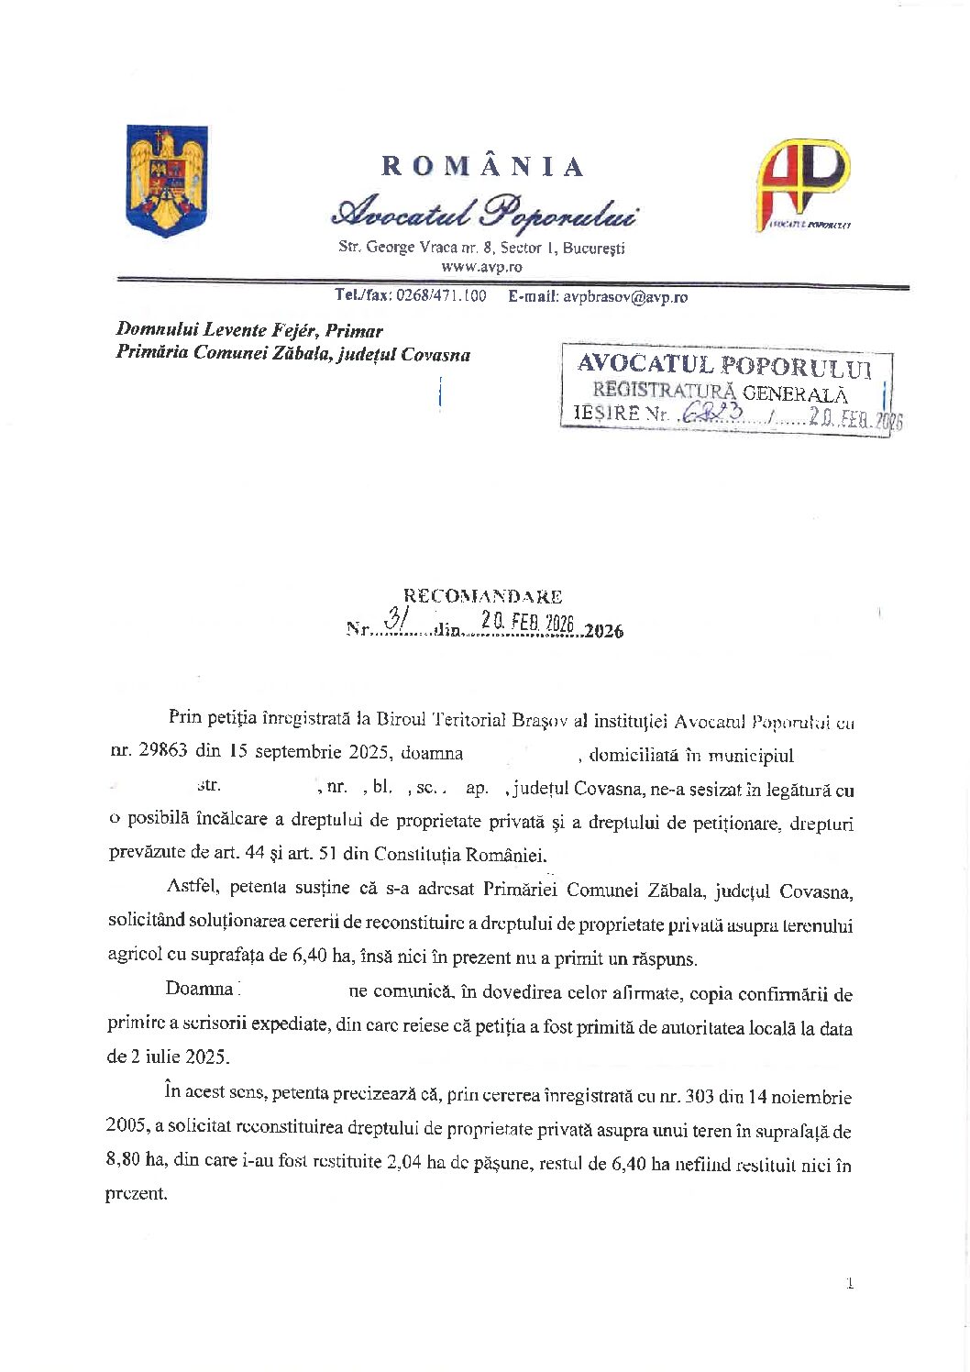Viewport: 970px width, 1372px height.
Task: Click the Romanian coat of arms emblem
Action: click(x=167, y=181)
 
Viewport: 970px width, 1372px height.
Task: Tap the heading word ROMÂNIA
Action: click(x=482, y=166)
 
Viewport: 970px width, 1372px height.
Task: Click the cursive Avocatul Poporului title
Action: click(x=484, y=212)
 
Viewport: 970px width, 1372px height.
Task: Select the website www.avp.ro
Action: click(x=481, y=267)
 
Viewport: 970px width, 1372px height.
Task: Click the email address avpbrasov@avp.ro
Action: click(x=624, y=296)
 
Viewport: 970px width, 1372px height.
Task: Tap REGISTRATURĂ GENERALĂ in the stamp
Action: click(x=720, y=393)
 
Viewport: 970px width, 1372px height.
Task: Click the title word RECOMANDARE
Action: click(x=483, y=596)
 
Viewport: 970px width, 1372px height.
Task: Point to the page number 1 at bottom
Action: click(x=850, y=1283)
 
